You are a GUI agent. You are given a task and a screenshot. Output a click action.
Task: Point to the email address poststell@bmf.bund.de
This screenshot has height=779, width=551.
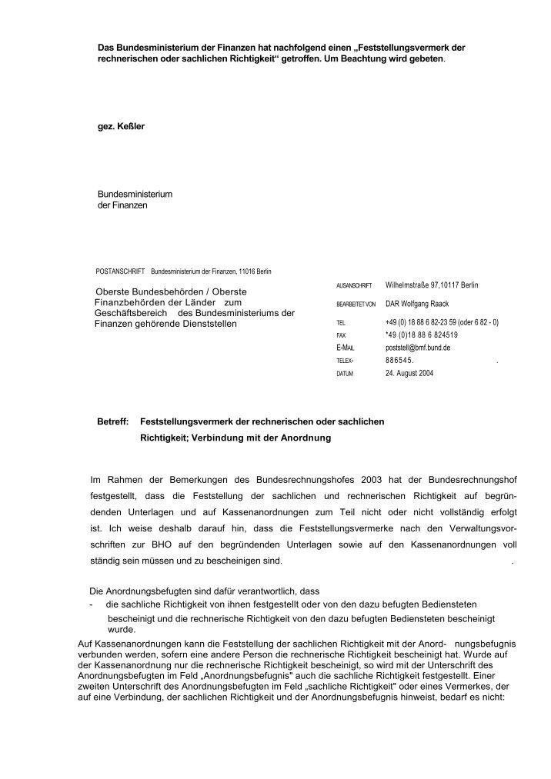pyautogui.click(x=417, y=348)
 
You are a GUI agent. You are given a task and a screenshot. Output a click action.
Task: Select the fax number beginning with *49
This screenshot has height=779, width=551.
pyautogui.click(x=421, y=335)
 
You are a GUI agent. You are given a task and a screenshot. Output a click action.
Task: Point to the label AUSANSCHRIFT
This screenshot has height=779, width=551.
pyautogui.click(x=354, y=286)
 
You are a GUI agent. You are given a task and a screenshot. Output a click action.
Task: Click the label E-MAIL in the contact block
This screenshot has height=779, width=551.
pyautogui.click(x=346, y=348)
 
